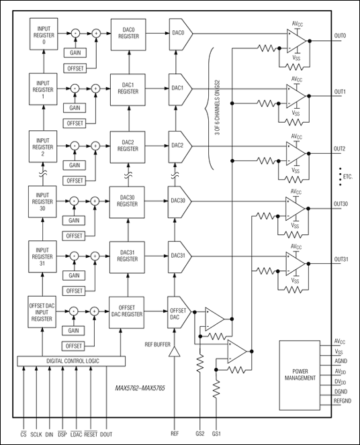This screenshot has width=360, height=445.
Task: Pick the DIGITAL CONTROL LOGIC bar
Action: (72, 361)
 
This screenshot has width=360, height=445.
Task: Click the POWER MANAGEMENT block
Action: (299, 373)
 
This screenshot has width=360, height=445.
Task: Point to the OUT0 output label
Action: (339, 36)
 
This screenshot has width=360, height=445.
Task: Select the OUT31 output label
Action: (341, 260)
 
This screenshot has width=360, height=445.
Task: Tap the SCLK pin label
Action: (36, 434)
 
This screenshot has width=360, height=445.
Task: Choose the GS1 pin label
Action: (216, 434)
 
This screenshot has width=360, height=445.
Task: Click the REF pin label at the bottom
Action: (175, 434)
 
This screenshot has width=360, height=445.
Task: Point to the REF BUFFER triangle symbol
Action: (175, 352)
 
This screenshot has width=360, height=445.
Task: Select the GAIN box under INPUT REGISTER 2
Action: (73, 165)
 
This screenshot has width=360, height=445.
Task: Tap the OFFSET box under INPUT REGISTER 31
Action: (73, 290)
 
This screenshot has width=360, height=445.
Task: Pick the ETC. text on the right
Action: (346, 177)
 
